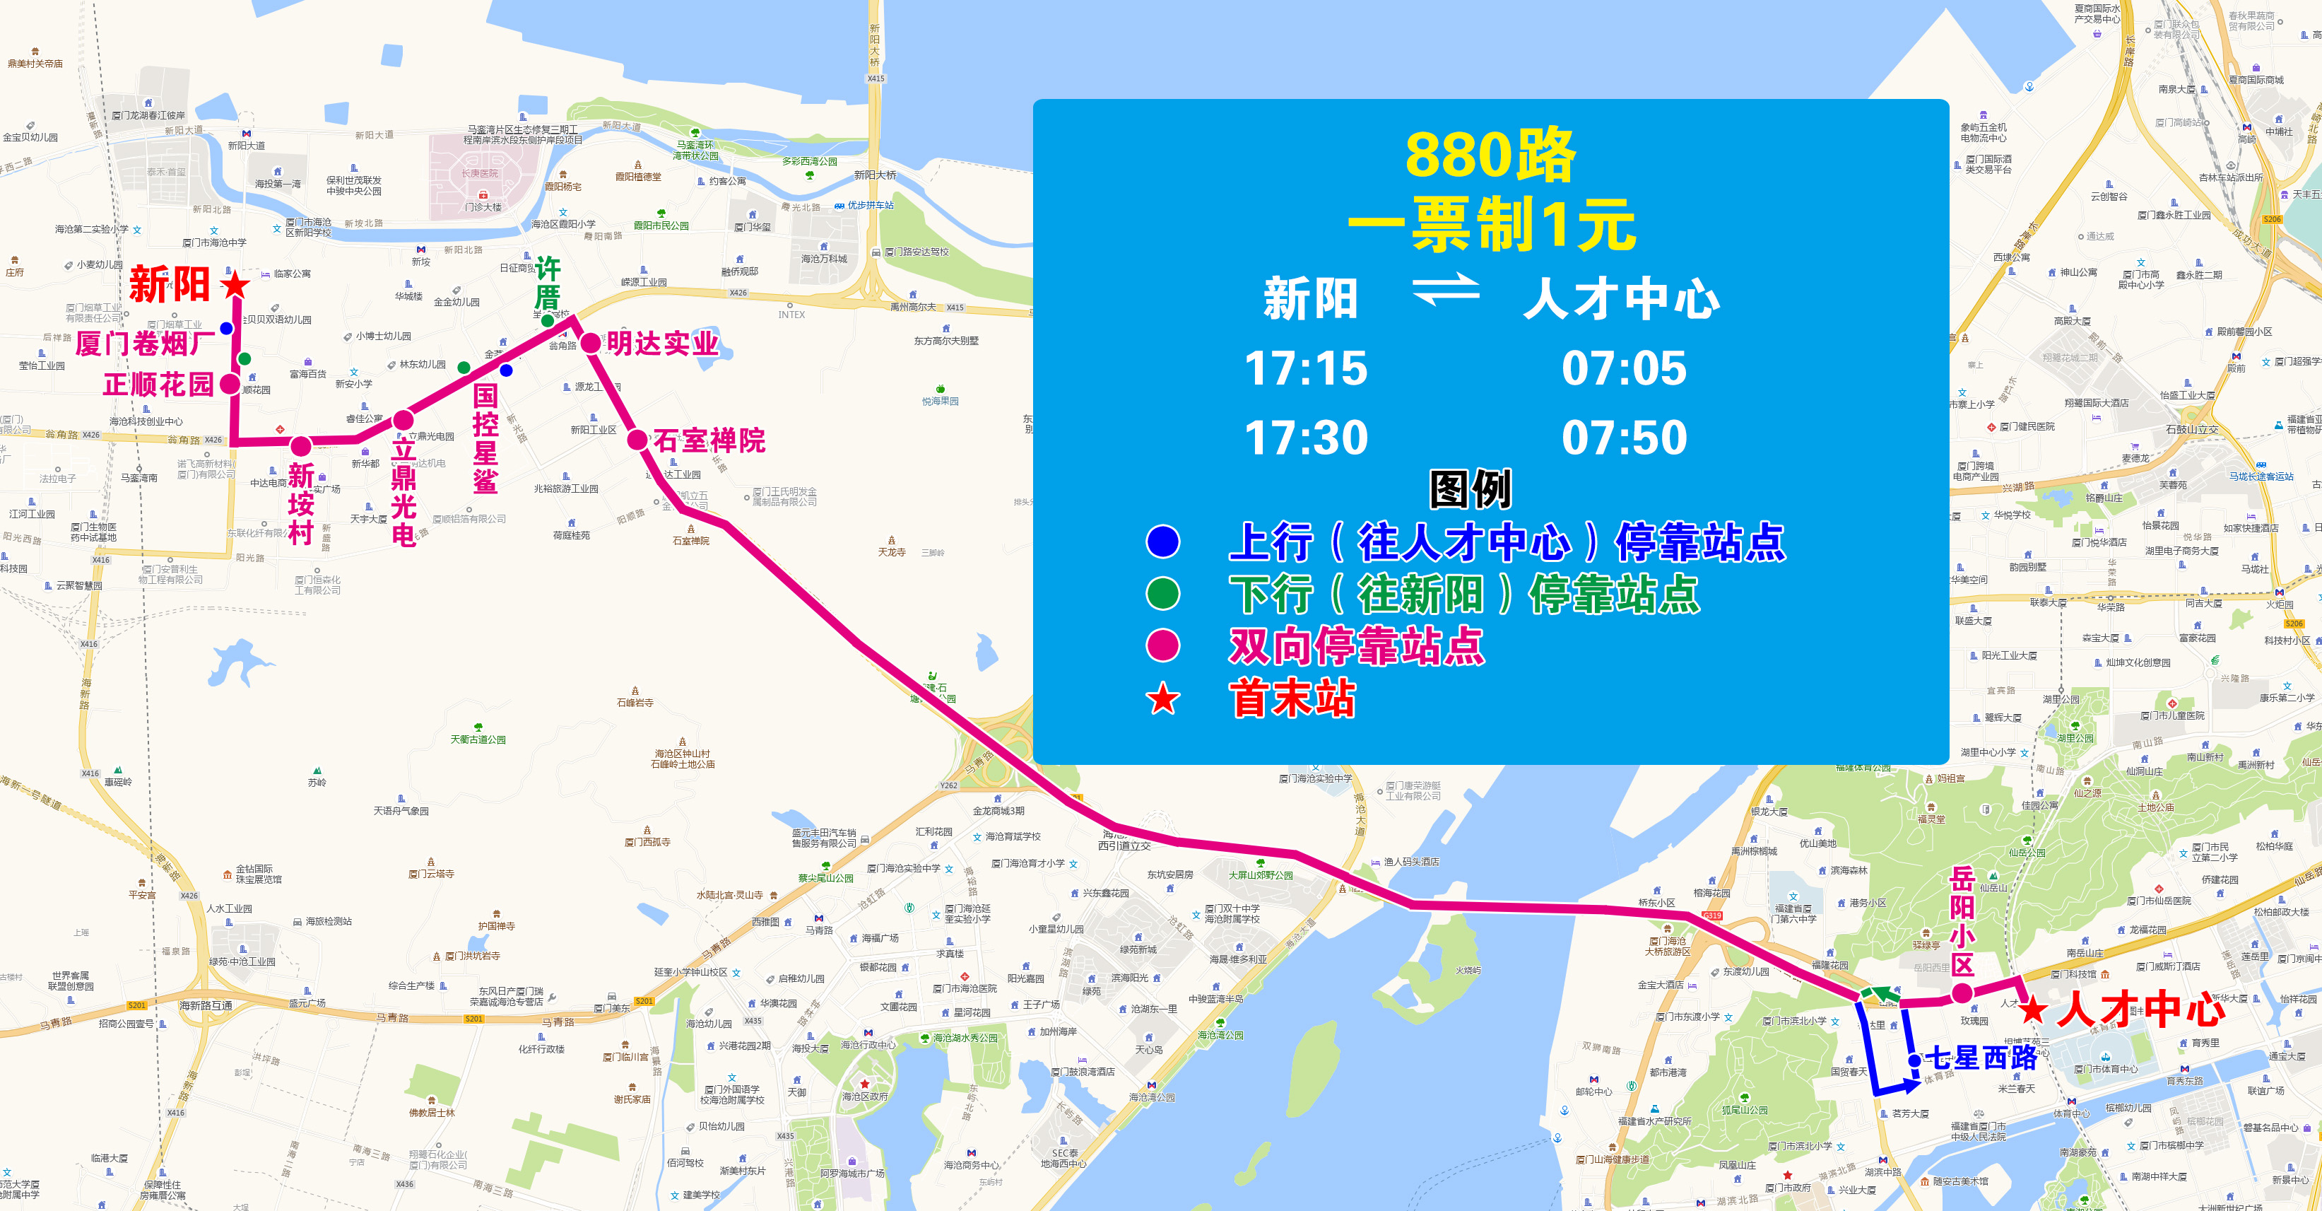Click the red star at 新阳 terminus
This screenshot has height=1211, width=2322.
click(x=235, y=285)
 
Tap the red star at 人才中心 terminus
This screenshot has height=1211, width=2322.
click(x=2032, y=1009)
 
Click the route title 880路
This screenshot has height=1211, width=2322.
click(x=1490, y=155)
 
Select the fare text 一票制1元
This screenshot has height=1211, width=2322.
click(x=1492, y=225)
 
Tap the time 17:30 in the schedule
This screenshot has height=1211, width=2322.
click(x=1305, y=438)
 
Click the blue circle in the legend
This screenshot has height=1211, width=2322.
click(x=1163, y=541)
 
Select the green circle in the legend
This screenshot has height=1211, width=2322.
click(x=1163, y=593)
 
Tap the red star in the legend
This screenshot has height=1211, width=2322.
click(x=1163, y=699)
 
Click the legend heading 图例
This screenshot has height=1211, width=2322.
click(x=1471, y=490)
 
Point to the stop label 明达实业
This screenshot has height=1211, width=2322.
click(x=663, y=344)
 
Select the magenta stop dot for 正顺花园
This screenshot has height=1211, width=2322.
click(x=231, y=384)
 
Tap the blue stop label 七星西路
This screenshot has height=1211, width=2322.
click(x=1981, y=1058)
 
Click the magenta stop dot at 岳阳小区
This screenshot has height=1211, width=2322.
click(x=1962, y=995)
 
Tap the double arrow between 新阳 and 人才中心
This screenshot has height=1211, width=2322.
click(x=1446, y=291)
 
